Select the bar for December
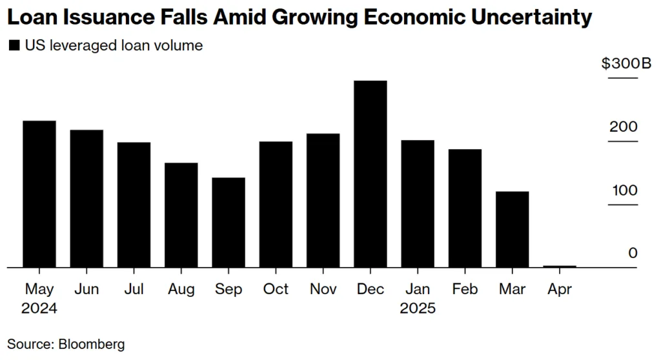pyautogui.click(x=371, y=174)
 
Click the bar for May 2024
pyautogui.click(x=39, y=194)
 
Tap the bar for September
pyautogui.click(x=229, y=222)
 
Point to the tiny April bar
pyautogui.click(x=560, y=266)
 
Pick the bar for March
pyautogui.click(x=513, y=229)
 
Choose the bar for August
pyautogui.click(x=181, y=215)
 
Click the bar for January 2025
pyautogui.click(x=418, y=203)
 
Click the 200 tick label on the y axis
pyautogui.click(x=623, y=127)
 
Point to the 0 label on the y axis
pyautogui.click(x=633, y=253)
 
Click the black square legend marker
pyautogui.click(x=14, y=46)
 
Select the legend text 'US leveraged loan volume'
pyautogui.click(x=113, y=46)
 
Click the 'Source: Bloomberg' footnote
pyautogui.click(x=66, y=344)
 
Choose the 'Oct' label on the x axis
pyautogui.click(x=276, y=289)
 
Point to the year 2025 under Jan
pyautogui.click(x=418, y=308)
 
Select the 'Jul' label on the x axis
pyautogui.click(x=134, y=289)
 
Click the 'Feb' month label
pyautogui.click(x=465, y=289)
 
